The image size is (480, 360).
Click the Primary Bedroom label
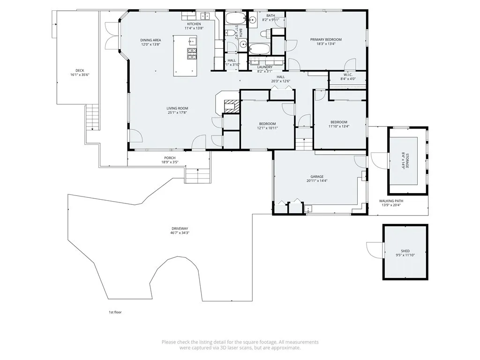click(x=326, y=39)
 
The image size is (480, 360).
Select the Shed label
click(x=405, y=251)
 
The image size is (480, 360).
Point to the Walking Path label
click(x=391, y=201)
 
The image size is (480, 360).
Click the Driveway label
click(x=180, y=228)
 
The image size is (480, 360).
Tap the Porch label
click(x=170, y=157)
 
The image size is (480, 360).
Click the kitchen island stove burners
click(x=192, y=54)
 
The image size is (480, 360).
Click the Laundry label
click(x=264, y=67)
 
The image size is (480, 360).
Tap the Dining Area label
click(x=150, y=40)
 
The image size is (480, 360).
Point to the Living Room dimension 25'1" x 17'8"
click(x=177, y=112)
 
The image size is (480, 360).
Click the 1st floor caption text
click(x=115, y=312)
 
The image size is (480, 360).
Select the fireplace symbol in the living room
click(x=231, y=105)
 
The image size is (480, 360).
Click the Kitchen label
click(x=194, y=24)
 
